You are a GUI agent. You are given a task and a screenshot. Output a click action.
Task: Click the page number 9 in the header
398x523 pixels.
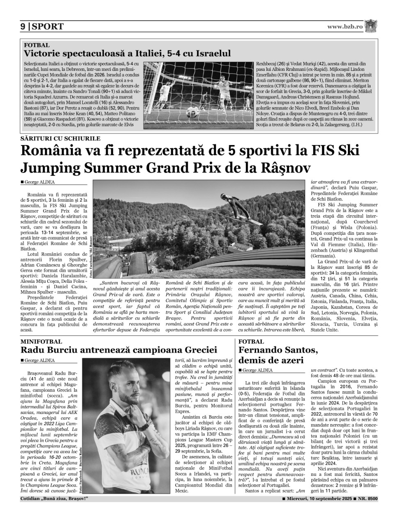coord(23,27)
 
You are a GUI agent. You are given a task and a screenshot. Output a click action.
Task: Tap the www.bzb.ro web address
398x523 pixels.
coord(345,27)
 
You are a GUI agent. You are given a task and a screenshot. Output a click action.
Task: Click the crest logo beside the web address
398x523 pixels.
coord(372,26)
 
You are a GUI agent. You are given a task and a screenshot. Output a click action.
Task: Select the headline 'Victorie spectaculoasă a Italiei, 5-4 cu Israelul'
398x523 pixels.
coord(127,53)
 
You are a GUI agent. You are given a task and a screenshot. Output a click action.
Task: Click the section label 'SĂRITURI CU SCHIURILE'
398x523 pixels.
coord(60,139)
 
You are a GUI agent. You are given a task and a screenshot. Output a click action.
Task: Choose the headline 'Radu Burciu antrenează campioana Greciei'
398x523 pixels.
coord(119,350)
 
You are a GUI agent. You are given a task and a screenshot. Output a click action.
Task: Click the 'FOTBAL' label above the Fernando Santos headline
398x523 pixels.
coord(251,341)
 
